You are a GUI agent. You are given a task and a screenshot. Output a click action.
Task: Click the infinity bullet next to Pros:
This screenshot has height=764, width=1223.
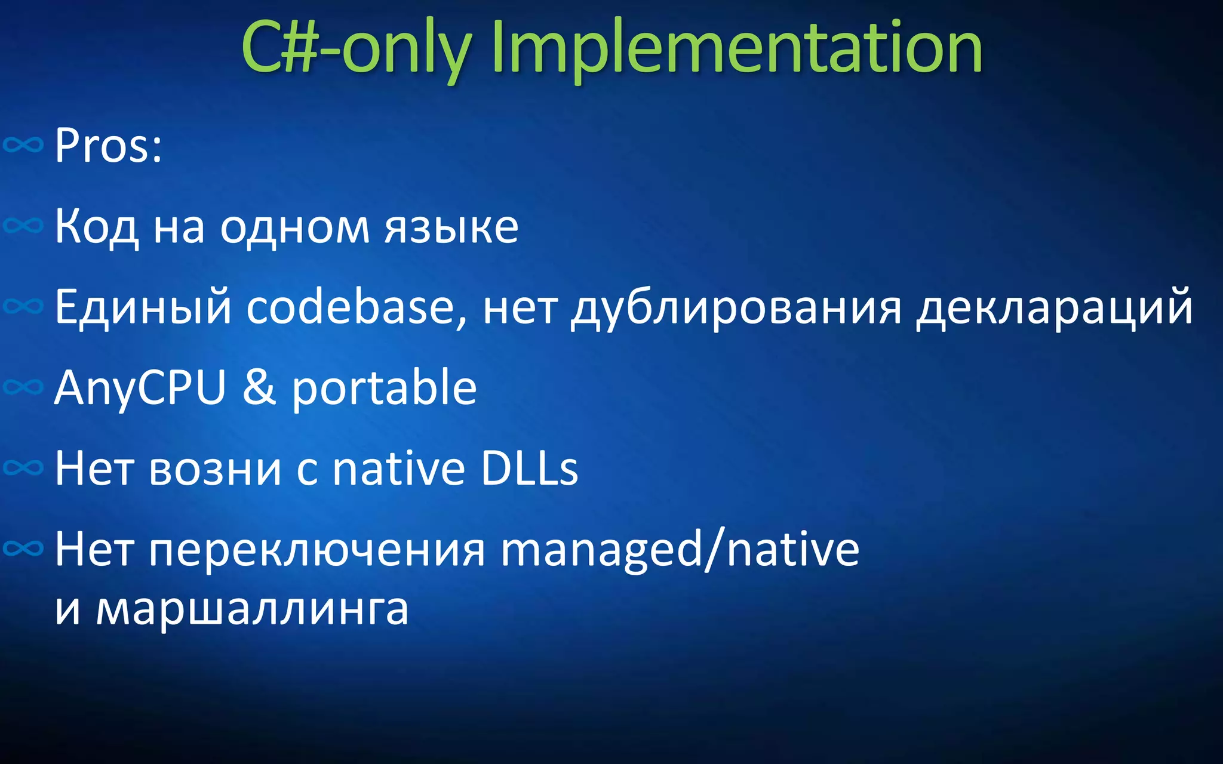pyautogui.click(x=23, y=144)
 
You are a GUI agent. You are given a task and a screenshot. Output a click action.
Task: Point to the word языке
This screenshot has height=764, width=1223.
pyautogui.click(x=451, y=227)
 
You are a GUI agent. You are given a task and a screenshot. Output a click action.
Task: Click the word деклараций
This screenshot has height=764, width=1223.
pyautogui.click(x=1054, y=308)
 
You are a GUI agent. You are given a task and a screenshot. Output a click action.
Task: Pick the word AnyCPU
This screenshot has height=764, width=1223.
pyautogui.click(x=140, y=388)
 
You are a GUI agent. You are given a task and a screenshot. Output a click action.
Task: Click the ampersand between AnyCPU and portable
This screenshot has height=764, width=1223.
pyautogui.click(x=259, y=388)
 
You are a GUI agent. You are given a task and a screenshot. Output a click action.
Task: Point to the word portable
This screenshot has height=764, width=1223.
pyautogui.click(x=384, y=388)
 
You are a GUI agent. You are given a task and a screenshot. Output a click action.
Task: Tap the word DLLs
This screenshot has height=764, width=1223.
pyautogui.click(x=529, y=469)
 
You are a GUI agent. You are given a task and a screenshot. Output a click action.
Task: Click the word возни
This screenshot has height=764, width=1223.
pyautogui.click(x=215, y=469)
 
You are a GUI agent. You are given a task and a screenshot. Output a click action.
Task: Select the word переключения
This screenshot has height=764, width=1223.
pyautogui.click(x=317, y=550)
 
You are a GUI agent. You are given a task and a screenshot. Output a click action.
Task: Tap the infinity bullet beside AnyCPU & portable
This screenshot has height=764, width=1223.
pyautogui.click(x=23, y=387)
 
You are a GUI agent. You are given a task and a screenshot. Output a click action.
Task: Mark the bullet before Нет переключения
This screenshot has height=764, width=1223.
pyautogui.click(x=23, y=548)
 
